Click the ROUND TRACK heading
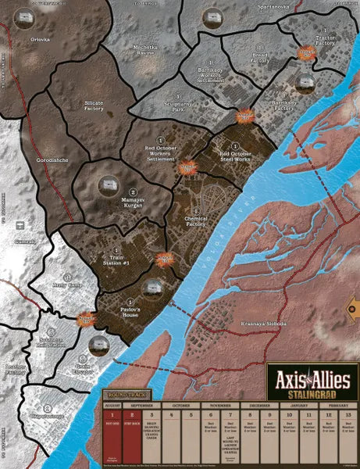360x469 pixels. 123,396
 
